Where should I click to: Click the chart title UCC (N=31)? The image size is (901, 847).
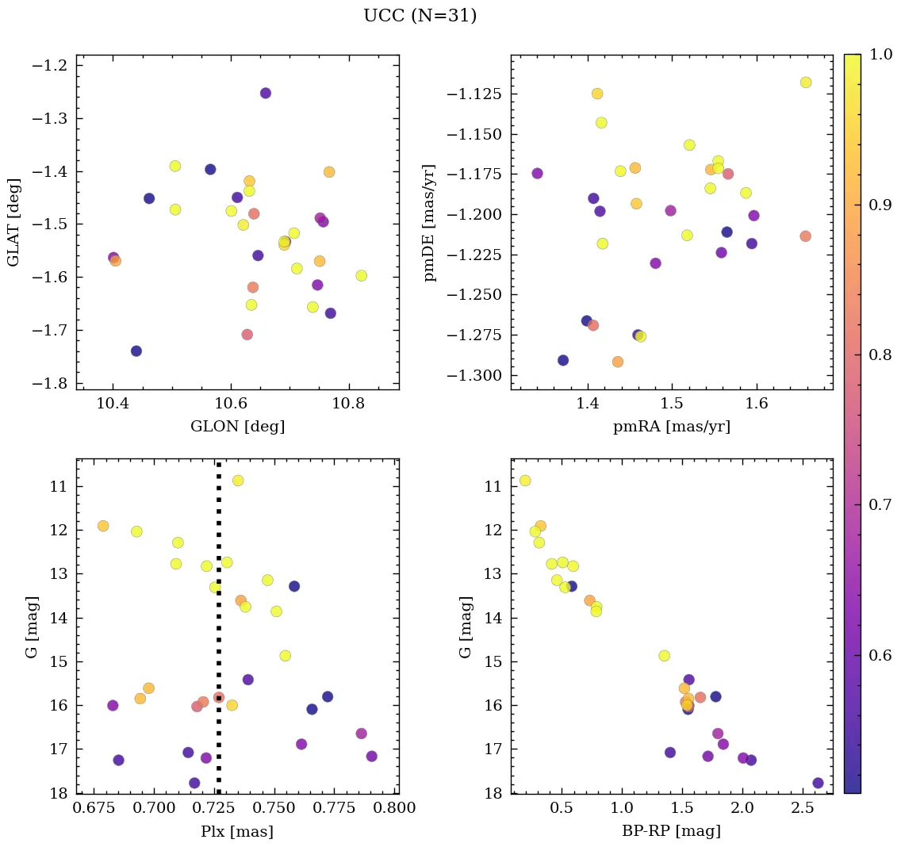[420, 16]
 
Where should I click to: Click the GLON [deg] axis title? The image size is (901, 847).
[237, 427]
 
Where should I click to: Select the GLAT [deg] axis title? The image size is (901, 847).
[13, 222]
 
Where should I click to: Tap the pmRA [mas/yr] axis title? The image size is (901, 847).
[671, 427]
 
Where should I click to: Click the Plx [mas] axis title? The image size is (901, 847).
[237, 832]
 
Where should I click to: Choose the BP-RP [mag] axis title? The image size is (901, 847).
[671, 832]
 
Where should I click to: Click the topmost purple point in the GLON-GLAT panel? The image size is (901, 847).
[265, 93]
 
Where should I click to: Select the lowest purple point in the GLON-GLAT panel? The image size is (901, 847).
[136, 351]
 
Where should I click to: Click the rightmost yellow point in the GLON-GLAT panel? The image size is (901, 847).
[361, 275]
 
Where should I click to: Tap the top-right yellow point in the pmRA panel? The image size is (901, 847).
[806, 82]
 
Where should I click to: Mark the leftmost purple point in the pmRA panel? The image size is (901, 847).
[537, 173]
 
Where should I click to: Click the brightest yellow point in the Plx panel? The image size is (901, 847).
[237, 481]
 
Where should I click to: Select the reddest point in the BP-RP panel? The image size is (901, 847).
[818, 783]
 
